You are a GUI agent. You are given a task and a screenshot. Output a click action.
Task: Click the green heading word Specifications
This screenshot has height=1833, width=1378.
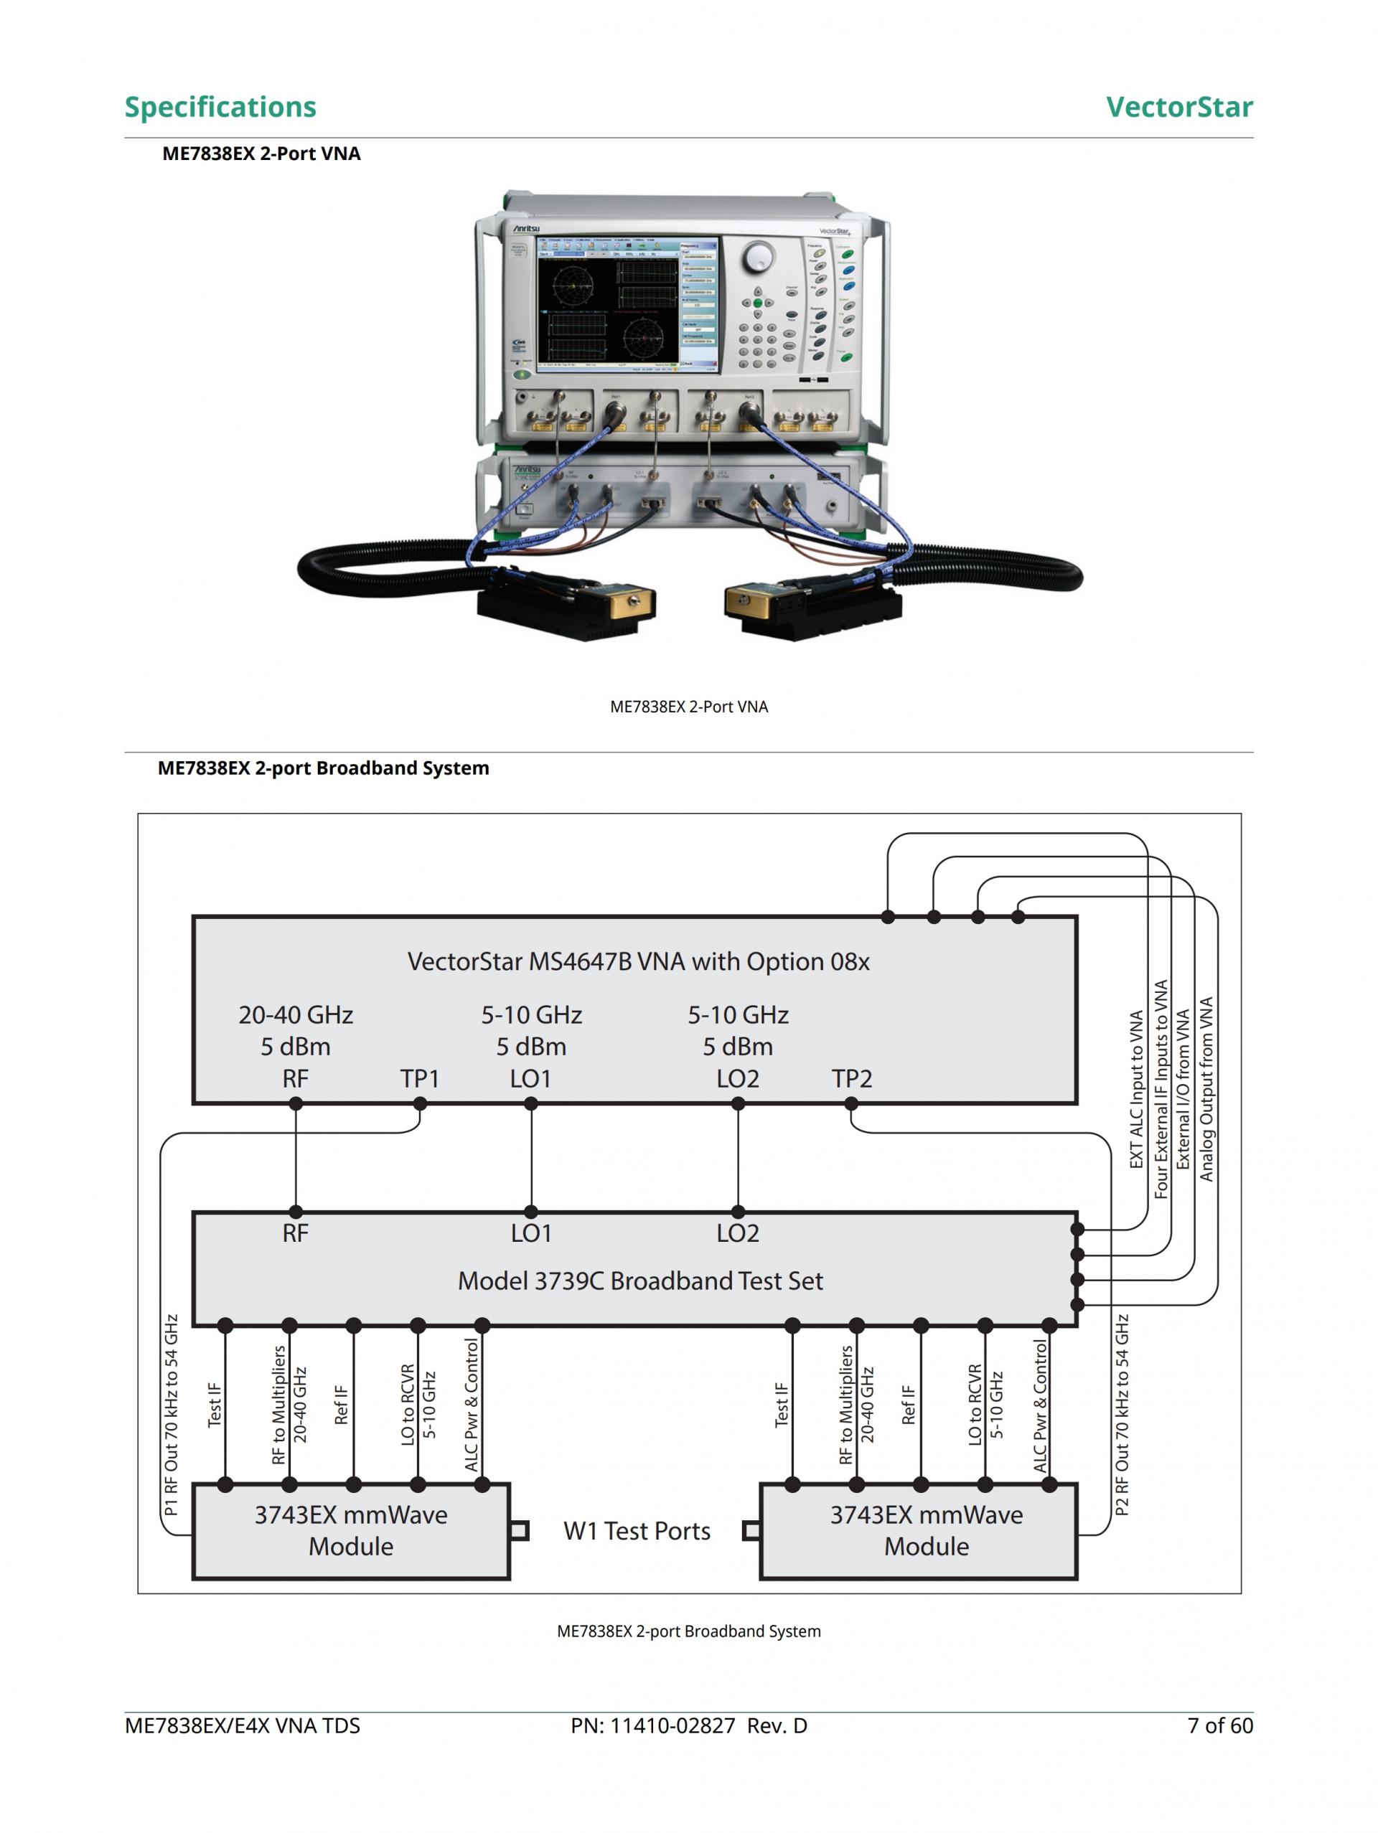pyautogui.click(x=220, y=107)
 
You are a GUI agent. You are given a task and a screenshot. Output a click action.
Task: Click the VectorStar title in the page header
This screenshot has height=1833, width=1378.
pyautogui.click(x=1178, y=107)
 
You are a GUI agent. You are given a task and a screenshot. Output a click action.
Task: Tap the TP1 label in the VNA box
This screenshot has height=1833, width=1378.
pyautogui.click(x=420, y=1078)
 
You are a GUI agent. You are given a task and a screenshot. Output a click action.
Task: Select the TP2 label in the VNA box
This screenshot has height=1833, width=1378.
pyautogui.click(x=851, y=1078)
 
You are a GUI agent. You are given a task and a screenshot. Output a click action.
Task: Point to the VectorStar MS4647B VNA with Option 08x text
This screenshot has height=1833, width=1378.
pyautogui.click(x=639, y=961)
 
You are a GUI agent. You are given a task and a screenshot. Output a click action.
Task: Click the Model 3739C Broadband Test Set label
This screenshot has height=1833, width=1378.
pyautogui.click(x=640, y=1281)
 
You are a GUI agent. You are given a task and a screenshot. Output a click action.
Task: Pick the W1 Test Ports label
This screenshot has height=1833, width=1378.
pyautogui.click(x=637, y=1530)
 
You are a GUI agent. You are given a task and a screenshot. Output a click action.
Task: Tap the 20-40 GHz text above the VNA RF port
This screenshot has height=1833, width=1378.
pyautogui.click(x=296, y=1014)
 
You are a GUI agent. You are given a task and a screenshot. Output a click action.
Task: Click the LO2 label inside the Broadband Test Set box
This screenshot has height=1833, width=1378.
pyautogui.click(x=738, y=1233)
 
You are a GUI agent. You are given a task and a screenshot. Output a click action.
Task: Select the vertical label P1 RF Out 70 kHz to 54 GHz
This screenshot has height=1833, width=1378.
pyautogui.click(x=171, y=1415)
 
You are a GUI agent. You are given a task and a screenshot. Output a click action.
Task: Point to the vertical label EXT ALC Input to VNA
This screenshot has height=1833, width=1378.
pyautogui.click(x=1137, y=1089)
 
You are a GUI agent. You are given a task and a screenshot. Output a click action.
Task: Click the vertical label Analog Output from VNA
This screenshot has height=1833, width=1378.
pyautogui.click(x=1206, y=1089)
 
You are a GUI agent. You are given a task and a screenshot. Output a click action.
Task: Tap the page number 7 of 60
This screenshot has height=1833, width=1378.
pyautogui.click(x=1219, y=1725)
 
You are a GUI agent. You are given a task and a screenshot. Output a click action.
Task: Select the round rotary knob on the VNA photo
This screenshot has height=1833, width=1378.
pyautogui.click(x=757, y=258)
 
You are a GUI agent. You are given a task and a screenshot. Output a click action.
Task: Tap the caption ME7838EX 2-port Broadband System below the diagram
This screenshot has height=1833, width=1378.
pyautogui.click(x=688, y=1631)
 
